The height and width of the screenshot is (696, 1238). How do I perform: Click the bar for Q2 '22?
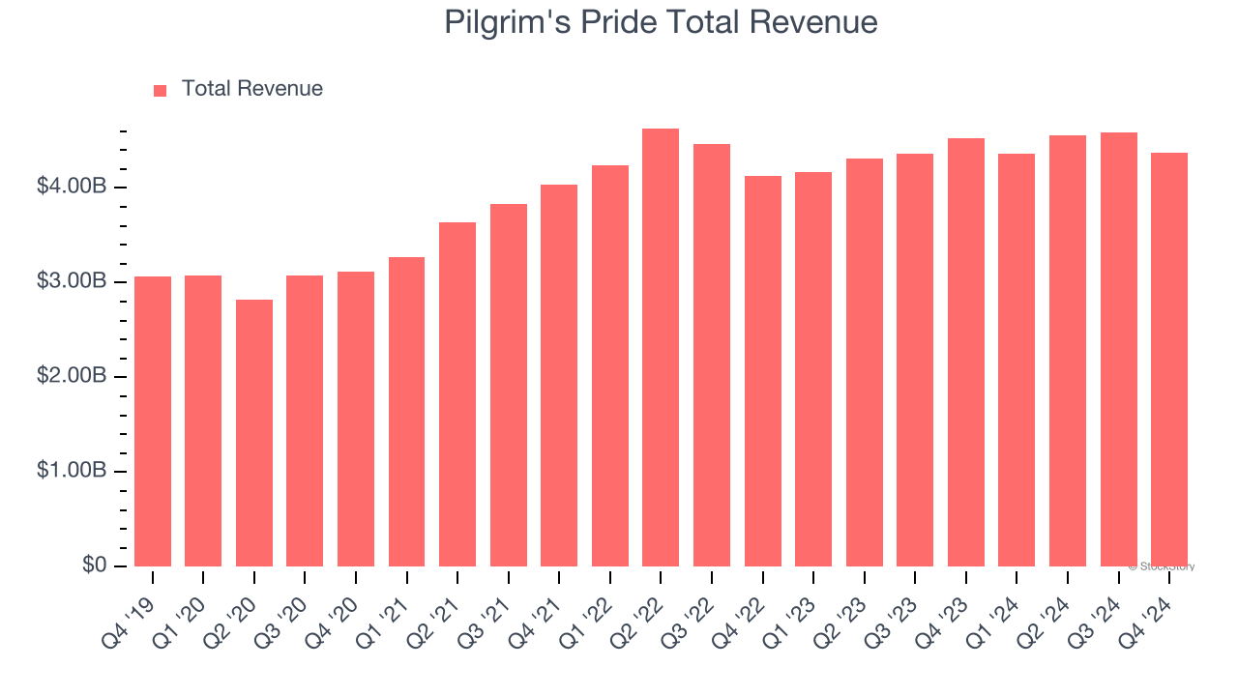tap(661, 348)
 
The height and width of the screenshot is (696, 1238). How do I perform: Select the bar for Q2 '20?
tap(254, 433)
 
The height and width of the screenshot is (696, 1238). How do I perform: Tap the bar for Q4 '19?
tap(153, 421)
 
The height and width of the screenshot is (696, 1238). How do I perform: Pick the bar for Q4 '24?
tap(1169, 360)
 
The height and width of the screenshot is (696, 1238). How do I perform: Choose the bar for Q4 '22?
tap(762, 371)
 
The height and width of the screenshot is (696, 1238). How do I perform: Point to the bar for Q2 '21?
tap(457, 394)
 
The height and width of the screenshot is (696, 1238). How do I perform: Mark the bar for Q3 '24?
tap(1118, 350)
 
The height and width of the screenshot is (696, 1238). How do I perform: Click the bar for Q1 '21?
tap(406, 412)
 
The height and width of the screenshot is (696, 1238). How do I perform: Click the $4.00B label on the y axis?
tap(71, 186)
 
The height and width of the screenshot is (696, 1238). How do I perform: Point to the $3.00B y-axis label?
tap(71, 281)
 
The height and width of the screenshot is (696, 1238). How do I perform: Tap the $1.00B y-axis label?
tap(71, 471)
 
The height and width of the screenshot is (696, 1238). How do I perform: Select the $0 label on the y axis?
tap(94, 565)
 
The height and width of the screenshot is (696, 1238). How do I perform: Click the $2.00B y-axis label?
tap(71, 376)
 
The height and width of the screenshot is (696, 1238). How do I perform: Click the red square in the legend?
tap(161, 90)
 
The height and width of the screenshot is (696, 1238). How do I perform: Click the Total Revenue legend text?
tap(251, 89)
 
